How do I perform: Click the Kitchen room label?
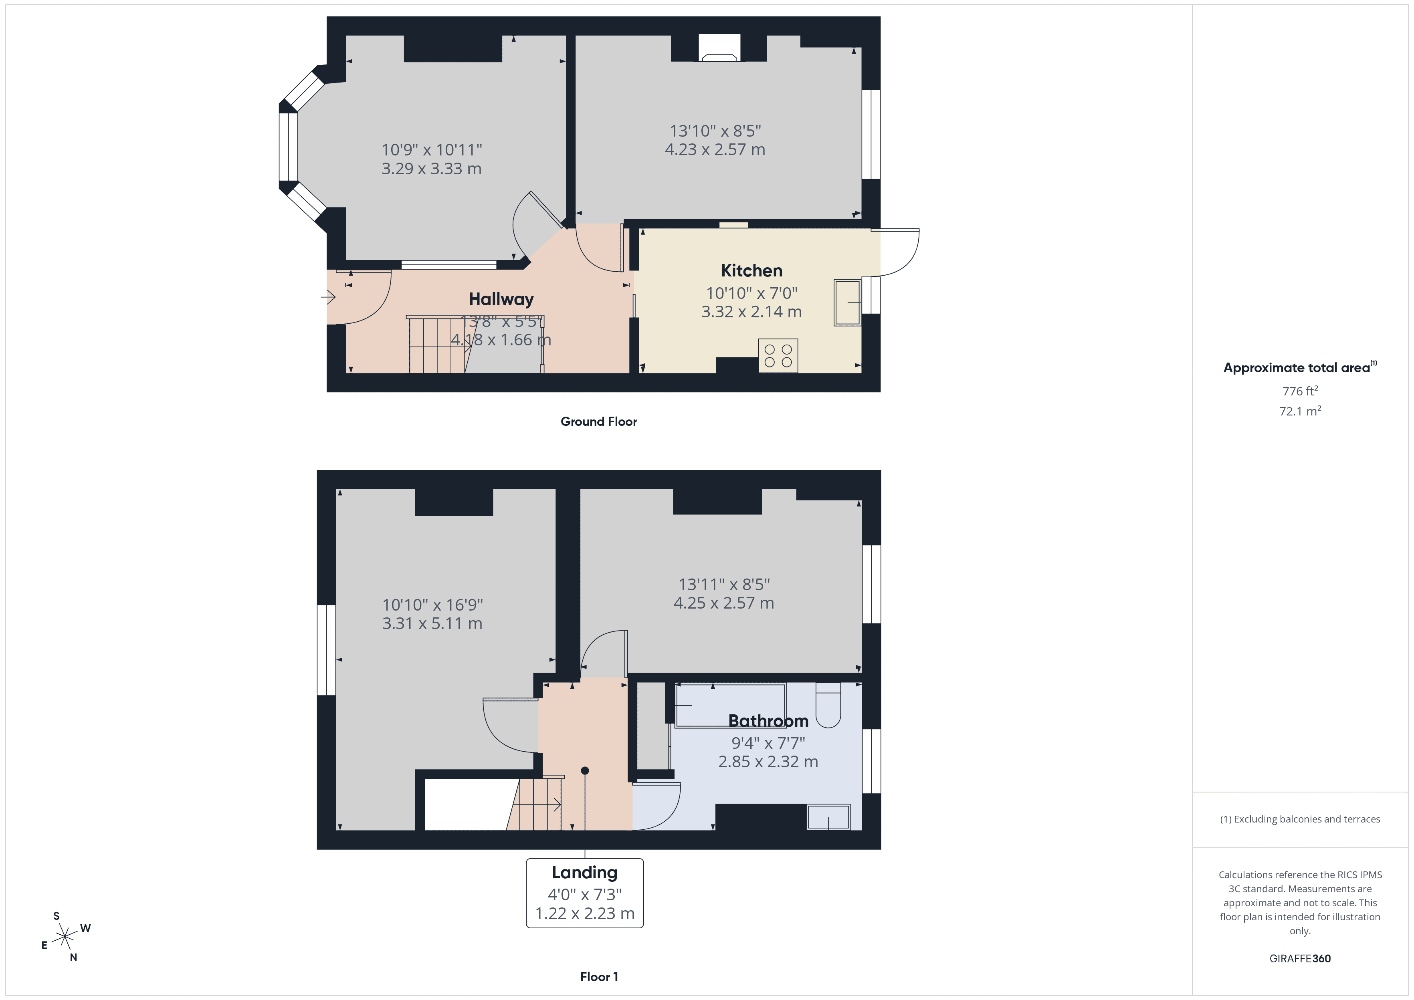point(751,271)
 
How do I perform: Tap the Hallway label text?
point(501,299)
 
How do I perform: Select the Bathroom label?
point(768,721)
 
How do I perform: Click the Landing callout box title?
point(584,873)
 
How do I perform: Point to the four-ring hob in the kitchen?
point(778,356)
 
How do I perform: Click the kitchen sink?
point(847,302)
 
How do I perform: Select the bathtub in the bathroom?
point(730,706)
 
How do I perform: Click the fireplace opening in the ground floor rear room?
point(719,48)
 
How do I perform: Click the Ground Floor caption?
point(599,422)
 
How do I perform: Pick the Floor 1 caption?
point(599,977)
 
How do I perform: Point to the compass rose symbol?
point(65,937)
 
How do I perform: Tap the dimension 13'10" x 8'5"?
point(715,131)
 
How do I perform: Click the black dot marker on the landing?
point(585,771)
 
